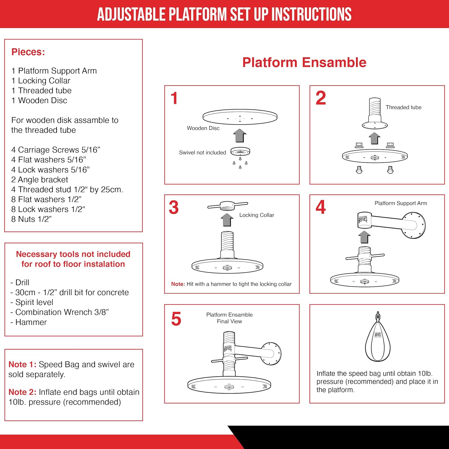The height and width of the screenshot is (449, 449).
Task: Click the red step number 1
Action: click(x=174, y=98)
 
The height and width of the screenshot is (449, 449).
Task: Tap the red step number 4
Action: click(x=321, y=207)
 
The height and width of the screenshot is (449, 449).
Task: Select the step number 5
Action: click(x=176, y=319)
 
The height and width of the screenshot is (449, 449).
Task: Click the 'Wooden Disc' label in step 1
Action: click(x=203, y=128)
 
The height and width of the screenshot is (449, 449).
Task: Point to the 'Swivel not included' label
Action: click(x=202, y=153)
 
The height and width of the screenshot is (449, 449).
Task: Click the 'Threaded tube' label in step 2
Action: click(x=403, y=107)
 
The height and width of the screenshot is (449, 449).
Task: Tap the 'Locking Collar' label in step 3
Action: click(x=257, y=215)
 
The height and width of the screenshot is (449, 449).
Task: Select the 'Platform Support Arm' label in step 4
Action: click(x=401, y=203)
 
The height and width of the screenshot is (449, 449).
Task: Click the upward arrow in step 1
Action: click(x=239, y=135)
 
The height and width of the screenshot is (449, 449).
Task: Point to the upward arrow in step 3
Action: click(x=227, y=220)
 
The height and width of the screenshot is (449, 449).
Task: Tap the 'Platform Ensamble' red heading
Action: click(x=304, y=62)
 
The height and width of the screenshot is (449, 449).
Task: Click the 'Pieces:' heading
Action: click(x=28, y=52)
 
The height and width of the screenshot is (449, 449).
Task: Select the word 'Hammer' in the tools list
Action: click(x=31, y=322)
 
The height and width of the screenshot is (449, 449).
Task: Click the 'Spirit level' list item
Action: click(x=34, y=302)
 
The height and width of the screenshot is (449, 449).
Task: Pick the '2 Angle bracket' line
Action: click(x=40, y=180)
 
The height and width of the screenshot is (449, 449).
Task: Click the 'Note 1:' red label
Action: click(x=22, y=364)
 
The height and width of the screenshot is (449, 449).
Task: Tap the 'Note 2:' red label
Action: click(x=22, y=392)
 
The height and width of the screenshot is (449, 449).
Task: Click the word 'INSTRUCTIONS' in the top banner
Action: click(x=311, y=14)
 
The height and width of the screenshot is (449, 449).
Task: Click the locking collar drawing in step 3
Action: click(x=227, y=206)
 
